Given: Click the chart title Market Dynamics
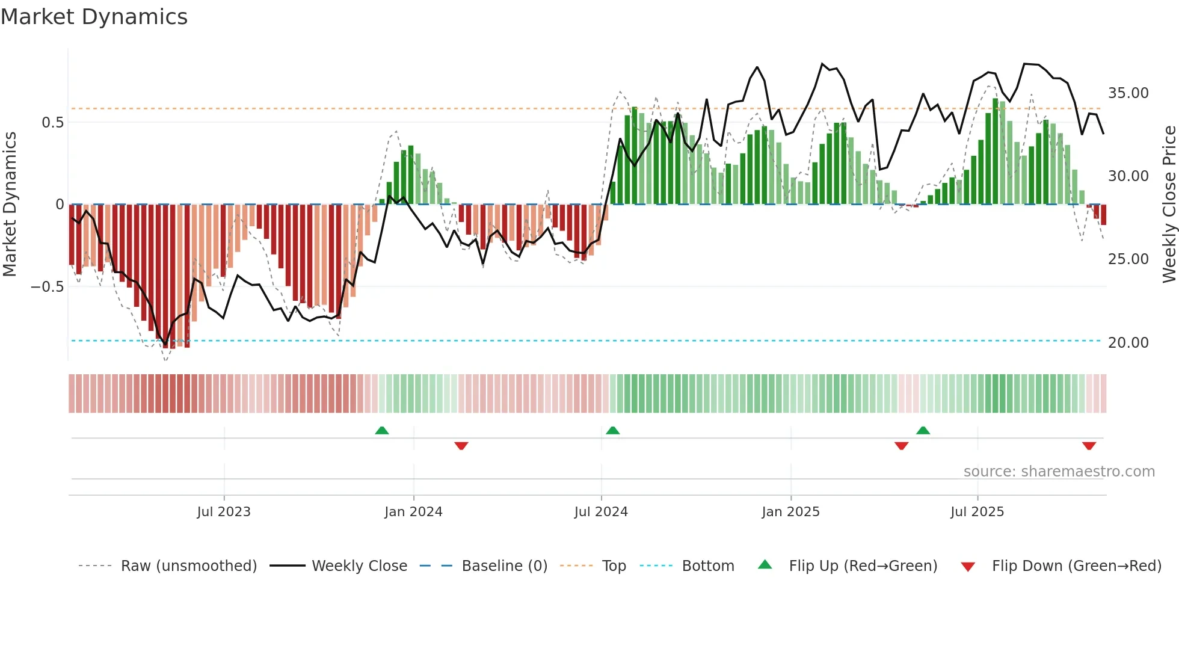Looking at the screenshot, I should point(94,17).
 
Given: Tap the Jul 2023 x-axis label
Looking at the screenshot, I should point(224,512).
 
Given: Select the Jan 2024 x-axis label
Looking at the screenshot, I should point(413,512).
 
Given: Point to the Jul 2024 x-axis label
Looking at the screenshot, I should point(601,512).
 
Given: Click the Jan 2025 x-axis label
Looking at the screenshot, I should point(790,512).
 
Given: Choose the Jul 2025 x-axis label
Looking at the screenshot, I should point(977,512).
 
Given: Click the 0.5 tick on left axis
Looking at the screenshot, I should point(52,123).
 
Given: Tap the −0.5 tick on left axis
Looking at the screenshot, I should point(48,287).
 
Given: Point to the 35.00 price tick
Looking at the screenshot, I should point(1128,93).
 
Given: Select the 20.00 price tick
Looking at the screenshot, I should point(1128,343).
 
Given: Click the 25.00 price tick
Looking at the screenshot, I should point(1128,259).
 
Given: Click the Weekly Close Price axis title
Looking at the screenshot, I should point(1169,205).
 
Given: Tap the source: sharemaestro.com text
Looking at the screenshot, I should point(1059,472).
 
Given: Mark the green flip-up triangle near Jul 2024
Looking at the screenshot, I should point(613,431).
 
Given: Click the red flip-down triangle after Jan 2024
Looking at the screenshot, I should point(461,446).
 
